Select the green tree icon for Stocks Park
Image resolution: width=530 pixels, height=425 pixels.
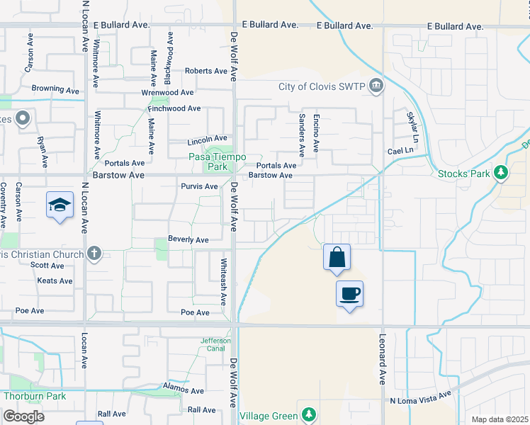[501, 173]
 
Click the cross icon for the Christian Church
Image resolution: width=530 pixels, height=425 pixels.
[96, 254]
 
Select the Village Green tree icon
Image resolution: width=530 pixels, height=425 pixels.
[308, 414]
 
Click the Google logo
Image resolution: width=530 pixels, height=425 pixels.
[23, 416]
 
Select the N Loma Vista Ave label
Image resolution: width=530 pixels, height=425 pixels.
[420, 399]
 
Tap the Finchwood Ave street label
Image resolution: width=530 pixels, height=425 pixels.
[174, 109]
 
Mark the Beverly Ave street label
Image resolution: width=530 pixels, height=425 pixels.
[188, 240]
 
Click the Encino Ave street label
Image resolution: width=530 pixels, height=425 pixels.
[317, 135]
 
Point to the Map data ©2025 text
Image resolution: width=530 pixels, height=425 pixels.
[500, 419]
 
